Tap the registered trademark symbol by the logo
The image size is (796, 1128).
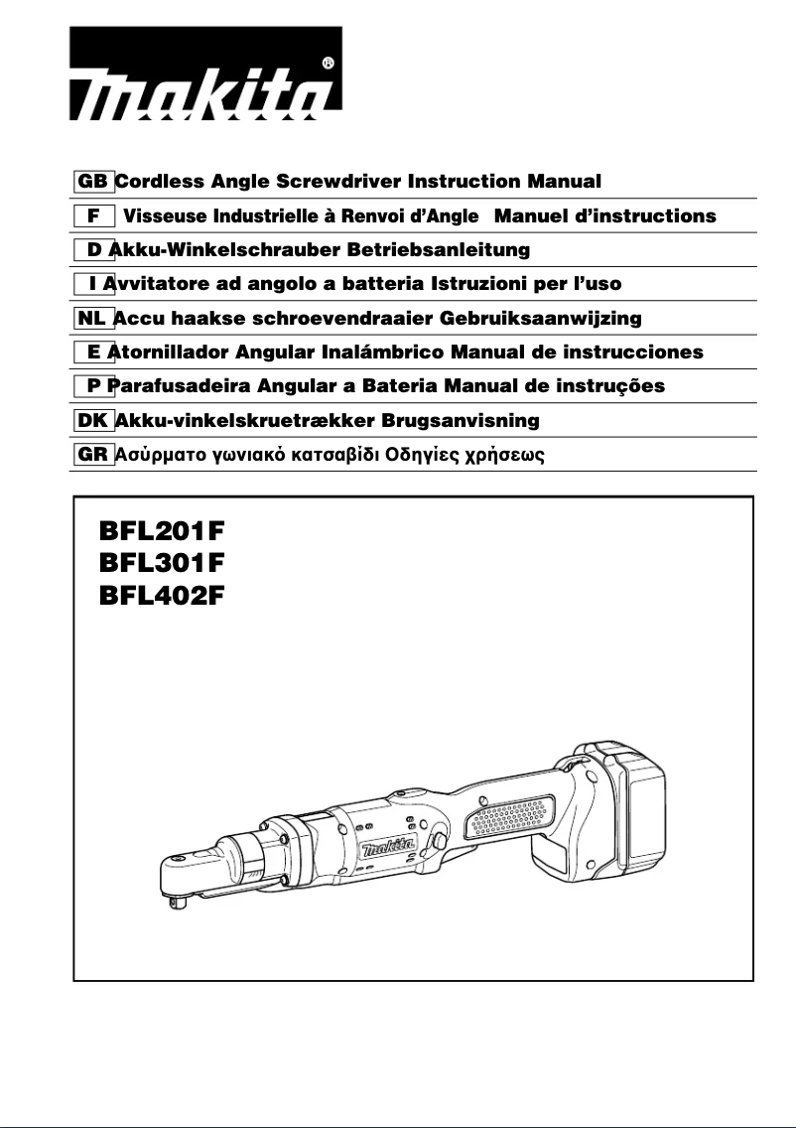pyautogui.click(x=329, y=63)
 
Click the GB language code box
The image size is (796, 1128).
pyautogui.click(x=94, y=182)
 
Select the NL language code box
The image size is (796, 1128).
pyautogui.click(x=93, y=319)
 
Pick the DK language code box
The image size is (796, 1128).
pyautogui.click(x=94, y=421)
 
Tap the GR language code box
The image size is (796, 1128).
pyautogui.click(x=94, y=456)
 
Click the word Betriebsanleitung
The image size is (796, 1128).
pyautogui.click(x=432, y=249)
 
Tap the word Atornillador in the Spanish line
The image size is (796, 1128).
pyautogui.click(x=167, y=352)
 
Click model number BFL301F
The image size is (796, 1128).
pyautogui.click(x=162, y=563)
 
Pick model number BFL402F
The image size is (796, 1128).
pyautogui.click(x=162, y=597)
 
